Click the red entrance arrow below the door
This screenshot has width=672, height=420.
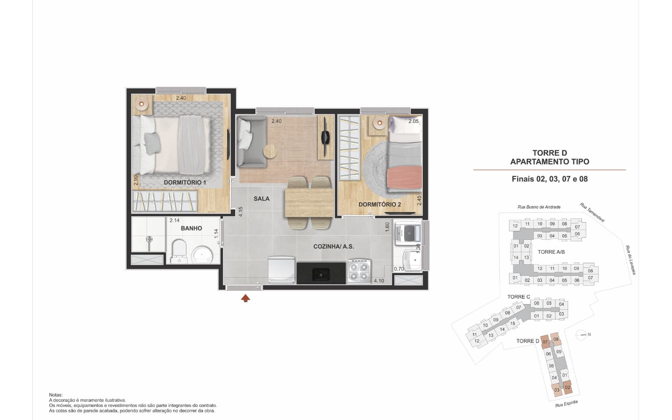[245, 298]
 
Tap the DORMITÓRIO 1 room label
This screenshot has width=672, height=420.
[185, 182]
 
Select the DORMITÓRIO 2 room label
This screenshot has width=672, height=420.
[380, 204]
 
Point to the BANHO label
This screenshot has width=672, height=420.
[191, 228]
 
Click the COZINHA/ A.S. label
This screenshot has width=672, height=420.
[334, 246]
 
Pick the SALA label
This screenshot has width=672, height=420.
[262, 199]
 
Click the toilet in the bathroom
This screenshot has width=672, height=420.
[179, 252]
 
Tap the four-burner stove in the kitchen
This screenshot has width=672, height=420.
[359, 271]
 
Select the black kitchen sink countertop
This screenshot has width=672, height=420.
[321, 273]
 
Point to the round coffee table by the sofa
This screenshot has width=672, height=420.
[270, 152]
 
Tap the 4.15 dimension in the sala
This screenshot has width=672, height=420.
[241, 212]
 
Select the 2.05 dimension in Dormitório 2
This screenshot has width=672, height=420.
[413, 121]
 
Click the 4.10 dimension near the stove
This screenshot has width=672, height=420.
[379, 281]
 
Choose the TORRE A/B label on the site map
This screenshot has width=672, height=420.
[551, 252]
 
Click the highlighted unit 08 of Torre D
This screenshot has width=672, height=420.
[556, 339]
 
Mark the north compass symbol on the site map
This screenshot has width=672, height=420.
[581, 335]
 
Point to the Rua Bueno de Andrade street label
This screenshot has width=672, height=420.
[539, 207]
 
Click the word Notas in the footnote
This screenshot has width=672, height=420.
[56, 395]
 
